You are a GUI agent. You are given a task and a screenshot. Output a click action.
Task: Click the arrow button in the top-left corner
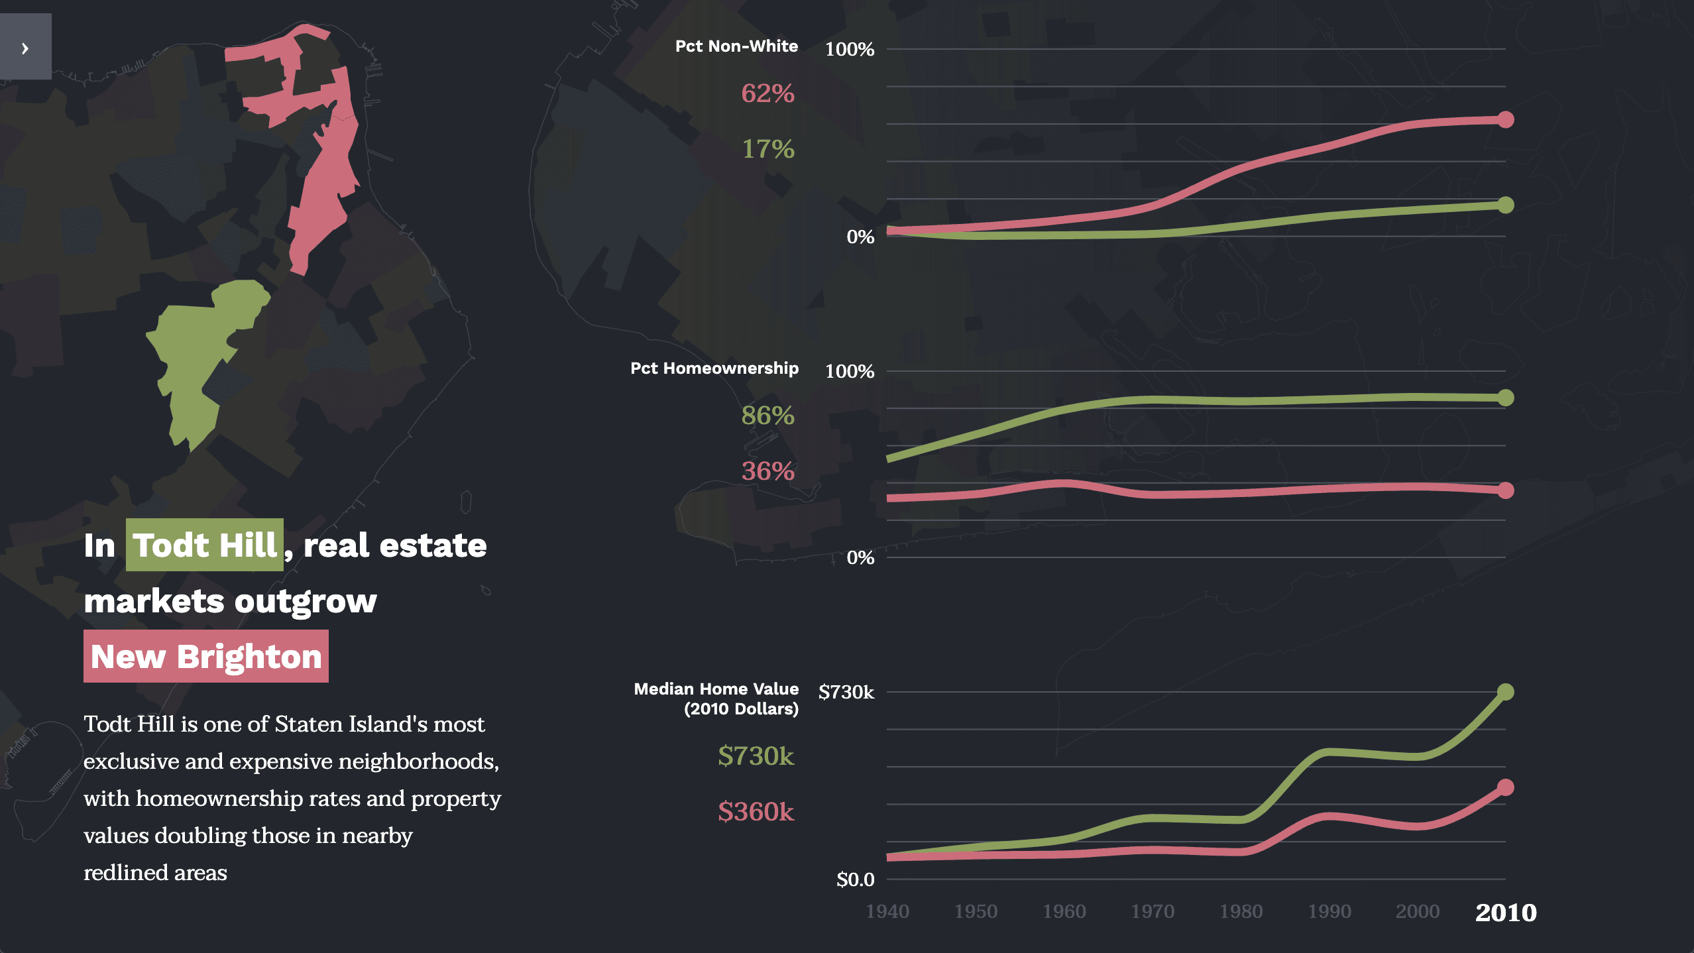[25, 48]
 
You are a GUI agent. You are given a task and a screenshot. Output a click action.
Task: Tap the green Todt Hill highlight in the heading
[205, 545]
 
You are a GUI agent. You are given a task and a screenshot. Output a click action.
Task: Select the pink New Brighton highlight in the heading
[206, 657]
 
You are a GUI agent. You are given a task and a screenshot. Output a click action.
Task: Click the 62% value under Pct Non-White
[767, 93]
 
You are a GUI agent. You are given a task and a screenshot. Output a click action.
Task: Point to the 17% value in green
[767, 149]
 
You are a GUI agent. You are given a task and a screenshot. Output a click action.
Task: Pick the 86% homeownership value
[767, 416]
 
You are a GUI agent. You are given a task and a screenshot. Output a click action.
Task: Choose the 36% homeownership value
[767, 471]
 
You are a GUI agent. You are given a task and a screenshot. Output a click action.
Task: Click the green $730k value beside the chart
[756, 756]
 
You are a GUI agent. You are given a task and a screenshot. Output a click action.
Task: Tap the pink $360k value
[756, 812]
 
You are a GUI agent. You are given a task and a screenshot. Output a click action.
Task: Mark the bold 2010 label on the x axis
[1506, 913]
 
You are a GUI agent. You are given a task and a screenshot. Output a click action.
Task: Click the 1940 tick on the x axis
[887, 912]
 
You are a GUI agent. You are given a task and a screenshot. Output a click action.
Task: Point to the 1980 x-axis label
[1241, 912]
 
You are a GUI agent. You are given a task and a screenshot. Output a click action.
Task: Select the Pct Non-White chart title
[736, 46]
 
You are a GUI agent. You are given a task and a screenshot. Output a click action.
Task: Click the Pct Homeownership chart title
[714, 368]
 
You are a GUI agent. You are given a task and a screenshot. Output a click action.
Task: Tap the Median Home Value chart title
[716, 699]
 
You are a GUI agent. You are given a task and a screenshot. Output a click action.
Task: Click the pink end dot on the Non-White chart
[1506, 120]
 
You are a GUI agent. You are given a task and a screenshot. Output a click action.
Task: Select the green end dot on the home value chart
[1506, 692]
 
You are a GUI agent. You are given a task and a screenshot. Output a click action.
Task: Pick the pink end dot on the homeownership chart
[1506, 490]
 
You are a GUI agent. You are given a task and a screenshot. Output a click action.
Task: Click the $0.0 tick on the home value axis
[855, 879]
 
